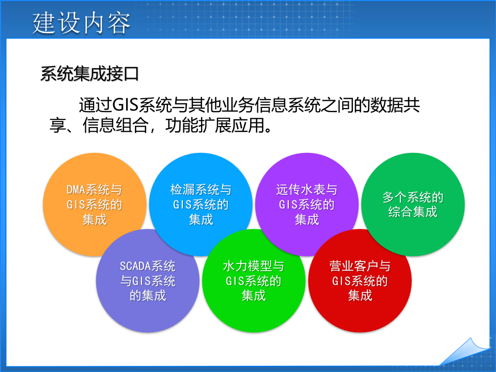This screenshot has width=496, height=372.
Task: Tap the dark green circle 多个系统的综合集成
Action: [413, 204]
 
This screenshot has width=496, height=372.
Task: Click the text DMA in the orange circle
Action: [76, 190]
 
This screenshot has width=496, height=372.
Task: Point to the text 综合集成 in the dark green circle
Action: [413, 212]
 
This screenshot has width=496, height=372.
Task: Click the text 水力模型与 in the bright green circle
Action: [253, 267]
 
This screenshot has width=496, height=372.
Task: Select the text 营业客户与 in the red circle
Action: [360, 267]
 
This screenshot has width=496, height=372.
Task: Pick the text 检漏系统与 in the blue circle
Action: [201, 190]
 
